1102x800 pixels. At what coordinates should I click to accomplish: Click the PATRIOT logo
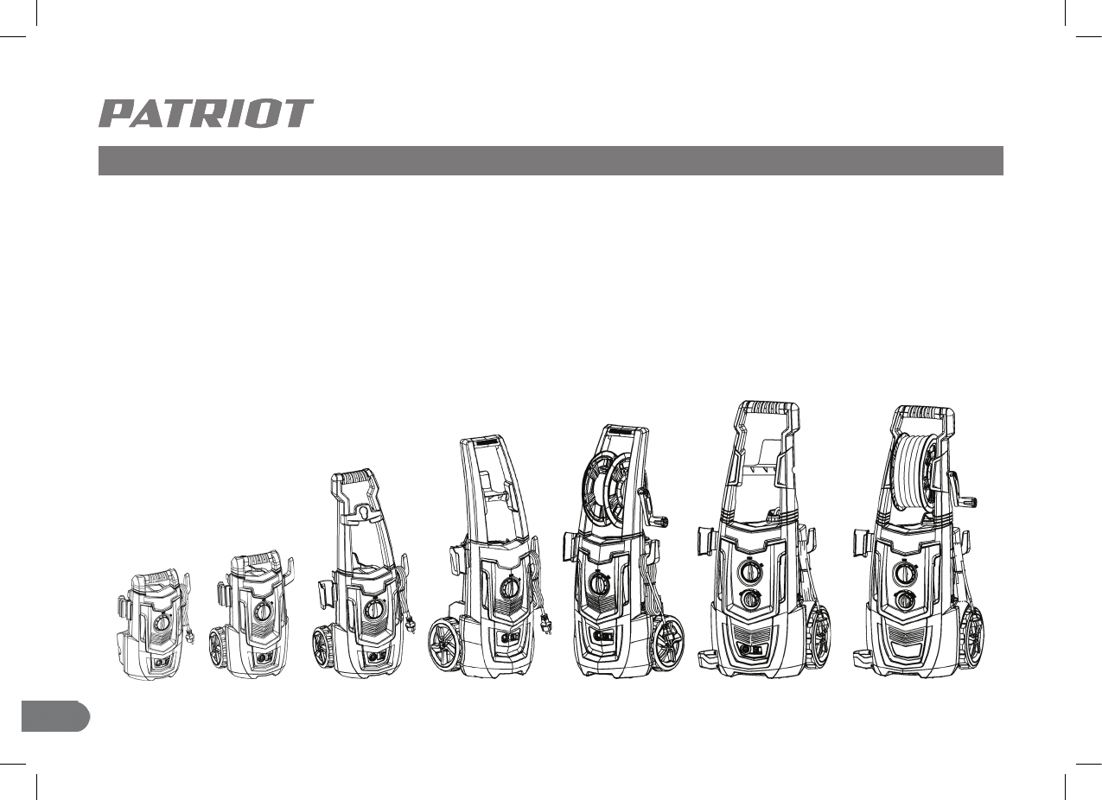(206, 114)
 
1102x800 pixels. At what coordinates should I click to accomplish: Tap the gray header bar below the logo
(550, 161)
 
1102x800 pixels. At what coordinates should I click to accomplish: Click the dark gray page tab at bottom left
(54, 716)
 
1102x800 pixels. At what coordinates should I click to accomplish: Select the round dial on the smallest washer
(161, 621)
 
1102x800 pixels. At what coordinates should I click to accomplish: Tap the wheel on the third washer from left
(323, 646)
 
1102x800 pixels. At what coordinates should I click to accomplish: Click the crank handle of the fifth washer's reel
(659, 520)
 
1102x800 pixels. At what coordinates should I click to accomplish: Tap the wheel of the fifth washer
(666, 644)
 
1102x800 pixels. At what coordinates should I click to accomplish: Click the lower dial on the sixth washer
(751, 599)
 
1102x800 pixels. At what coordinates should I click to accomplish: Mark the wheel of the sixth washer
(819, 638)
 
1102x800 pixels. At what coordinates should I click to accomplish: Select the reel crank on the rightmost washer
(970, 500)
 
